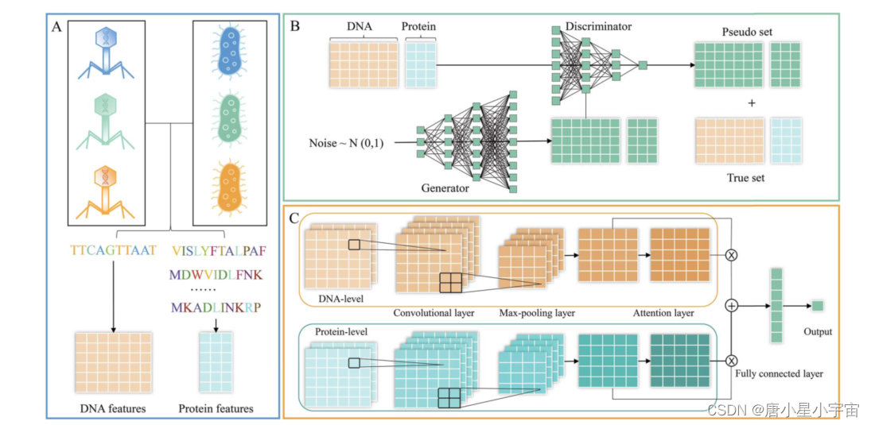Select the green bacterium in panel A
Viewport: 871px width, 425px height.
tap(231, 120)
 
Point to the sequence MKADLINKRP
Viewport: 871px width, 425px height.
tap(218, 307)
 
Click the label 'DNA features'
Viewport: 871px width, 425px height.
tap(112, 408)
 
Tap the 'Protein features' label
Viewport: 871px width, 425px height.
tap(216, 408)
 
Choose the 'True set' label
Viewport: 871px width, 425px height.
tap(745, 178)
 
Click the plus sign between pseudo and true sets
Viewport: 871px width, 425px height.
tap(751, 103)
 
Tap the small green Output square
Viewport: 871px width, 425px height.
tap(817, 305)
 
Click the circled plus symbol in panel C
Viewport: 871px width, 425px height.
tap(731, 305)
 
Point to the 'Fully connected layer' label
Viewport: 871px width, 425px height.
tap(779, 373)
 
